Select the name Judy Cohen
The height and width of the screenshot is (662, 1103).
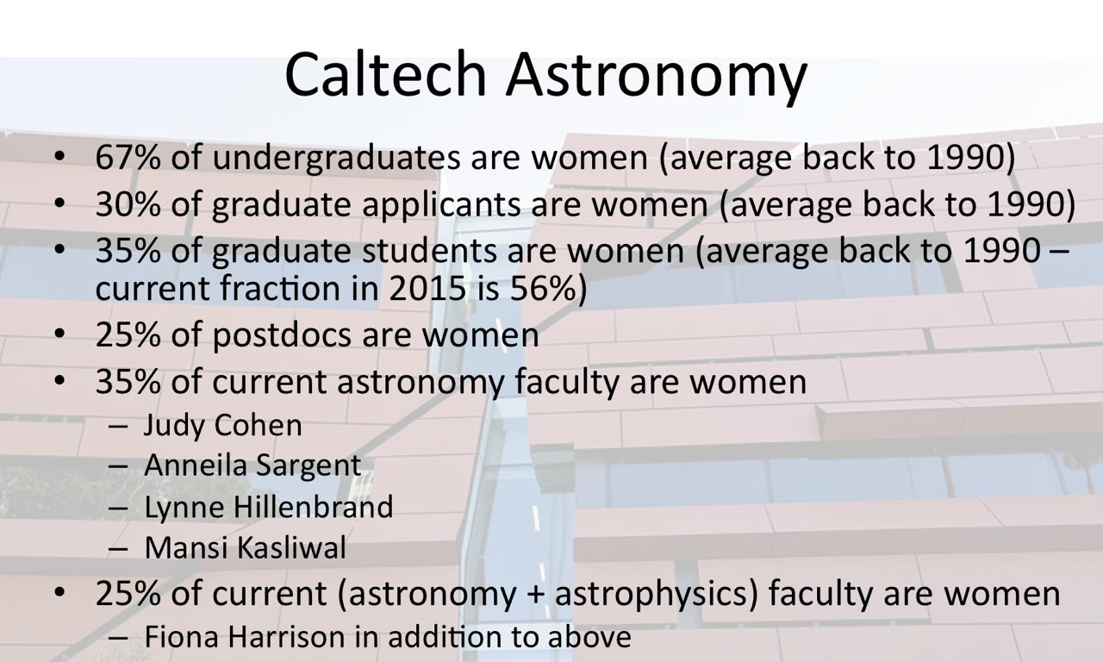223,425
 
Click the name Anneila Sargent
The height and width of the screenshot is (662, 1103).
252,466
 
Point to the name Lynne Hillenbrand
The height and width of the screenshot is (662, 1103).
269,507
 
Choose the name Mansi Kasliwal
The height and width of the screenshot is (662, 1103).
246,547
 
